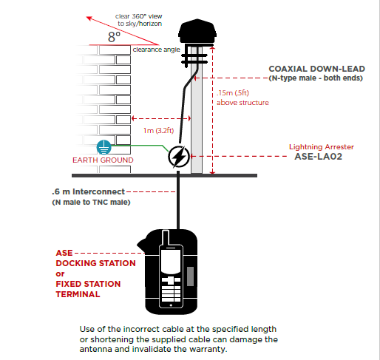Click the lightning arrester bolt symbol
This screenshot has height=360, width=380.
point(179,157)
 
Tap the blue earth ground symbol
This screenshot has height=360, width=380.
point(104,147)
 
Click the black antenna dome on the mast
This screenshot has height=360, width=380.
point(197,31)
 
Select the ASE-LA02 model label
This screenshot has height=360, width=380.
point(319,157)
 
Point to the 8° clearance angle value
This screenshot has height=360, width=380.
point(114,37)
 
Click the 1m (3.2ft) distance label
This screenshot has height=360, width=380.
point(159,130)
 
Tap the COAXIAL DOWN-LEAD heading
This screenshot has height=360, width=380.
point(316,69)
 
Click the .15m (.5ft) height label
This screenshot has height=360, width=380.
point(233,93)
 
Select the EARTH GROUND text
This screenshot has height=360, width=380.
point(103,160)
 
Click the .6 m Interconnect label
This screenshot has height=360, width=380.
point(88,191)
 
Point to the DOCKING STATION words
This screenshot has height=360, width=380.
point(95,263)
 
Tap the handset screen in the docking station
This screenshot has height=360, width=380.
point(171,261)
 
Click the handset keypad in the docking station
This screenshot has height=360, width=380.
point(171,289)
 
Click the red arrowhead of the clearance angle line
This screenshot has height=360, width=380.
point(89,18)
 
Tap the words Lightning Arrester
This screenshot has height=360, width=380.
point(322,147)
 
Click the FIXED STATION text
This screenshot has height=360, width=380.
point(88,284)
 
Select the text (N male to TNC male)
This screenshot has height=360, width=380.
point(91,203)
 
